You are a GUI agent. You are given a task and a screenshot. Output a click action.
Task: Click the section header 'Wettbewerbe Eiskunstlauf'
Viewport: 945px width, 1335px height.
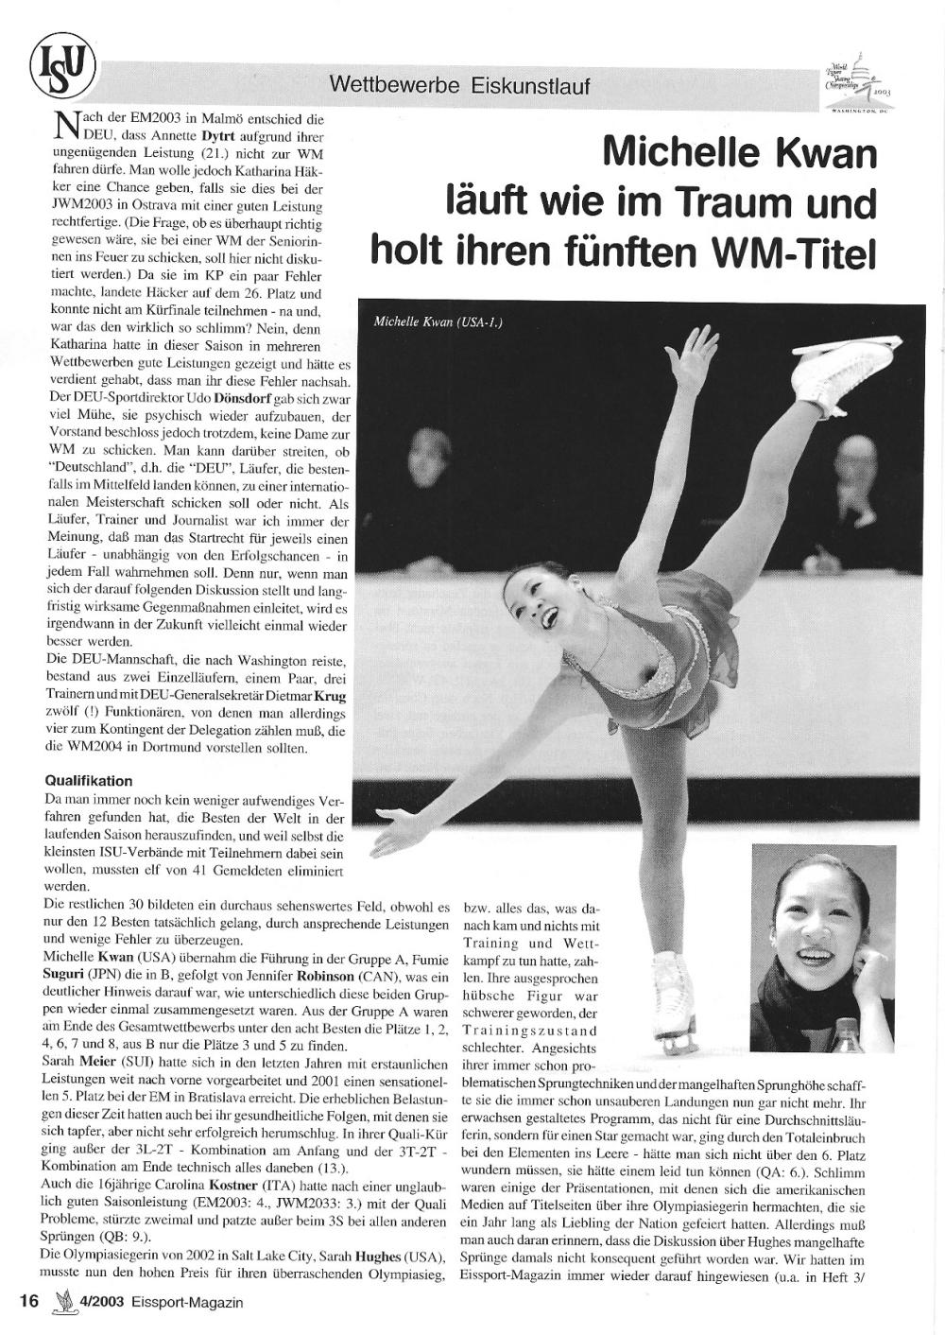[x=459, y=85]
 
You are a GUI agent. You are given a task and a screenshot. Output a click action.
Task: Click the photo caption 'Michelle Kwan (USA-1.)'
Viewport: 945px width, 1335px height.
[x=438, y=322]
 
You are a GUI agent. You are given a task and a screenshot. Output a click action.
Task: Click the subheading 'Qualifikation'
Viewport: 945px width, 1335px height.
[x=89, y=781]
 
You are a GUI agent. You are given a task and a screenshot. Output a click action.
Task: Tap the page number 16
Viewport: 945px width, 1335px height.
[x=27, y=1301]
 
